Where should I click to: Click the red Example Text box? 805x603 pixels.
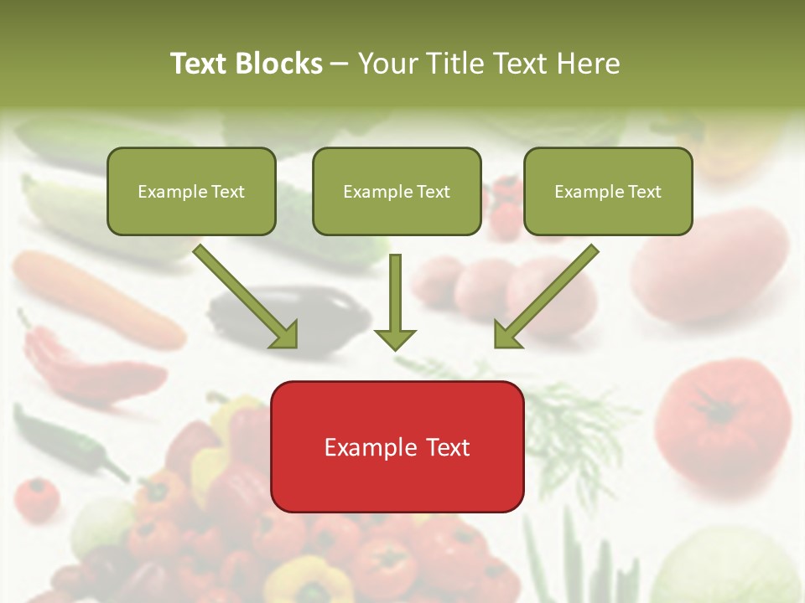(397, 447)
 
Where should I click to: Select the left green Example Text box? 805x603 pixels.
(191, 191)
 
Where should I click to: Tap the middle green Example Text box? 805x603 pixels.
(397, 191)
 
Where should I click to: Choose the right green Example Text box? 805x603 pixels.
(608, 191)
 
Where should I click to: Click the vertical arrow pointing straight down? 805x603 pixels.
(395, 301)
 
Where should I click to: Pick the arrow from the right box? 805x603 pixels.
(546, 296)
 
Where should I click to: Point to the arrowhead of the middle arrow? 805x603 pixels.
(395, 338)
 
